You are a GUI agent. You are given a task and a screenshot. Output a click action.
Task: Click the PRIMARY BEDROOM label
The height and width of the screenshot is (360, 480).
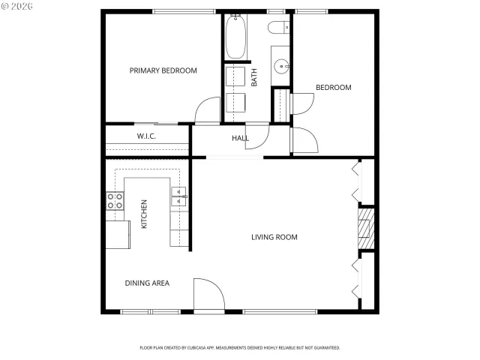pyautogui.click(x=163, y=70)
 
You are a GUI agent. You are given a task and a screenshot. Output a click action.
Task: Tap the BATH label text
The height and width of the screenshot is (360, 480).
pyautogui.click(x=254, y=77)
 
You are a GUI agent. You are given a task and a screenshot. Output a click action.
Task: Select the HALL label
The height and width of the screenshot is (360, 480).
pyautogui.click(x=240, y=138)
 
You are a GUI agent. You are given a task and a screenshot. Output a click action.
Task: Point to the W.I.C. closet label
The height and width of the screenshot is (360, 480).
pyautogui.click(x=145, y=136)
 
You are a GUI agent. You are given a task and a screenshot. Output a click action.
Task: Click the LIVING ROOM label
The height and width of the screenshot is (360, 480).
pyautogui.click(x=274, y=237)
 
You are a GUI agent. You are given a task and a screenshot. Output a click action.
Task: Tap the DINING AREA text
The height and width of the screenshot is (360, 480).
pyautogui.click(x=147, y=283)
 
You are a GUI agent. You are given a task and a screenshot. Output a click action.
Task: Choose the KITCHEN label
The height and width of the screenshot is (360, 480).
pyautogui.click(x=144, y=214)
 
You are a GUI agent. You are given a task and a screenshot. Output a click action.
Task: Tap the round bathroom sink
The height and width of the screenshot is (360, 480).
pyautogui.click(x=282, y=66)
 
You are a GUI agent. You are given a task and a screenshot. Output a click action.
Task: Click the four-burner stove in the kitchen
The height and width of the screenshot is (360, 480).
pyautogui.click(x=115, y=200)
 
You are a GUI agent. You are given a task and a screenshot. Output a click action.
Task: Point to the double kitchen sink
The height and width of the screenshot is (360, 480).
pyautogui.click(x=179, y=197)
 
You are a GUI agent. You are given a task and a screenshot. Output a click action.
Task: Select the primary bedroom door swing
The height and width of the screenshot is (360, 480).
pyautogui.click(x=207, y=111)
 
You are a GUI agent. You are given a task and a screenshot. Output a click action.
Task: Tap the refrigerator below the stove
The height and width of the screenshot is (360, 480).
pyautogui.click(x=116, y=235)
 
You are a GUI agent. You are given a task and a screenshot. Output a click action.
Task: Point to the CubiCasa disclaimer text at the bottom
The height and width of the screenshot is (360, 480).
pyautogui.click(x=240, y=348)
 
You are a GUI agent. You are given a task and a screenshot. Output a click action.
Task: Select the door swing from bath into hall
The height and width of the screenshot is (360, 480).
pyautogui.click(x=257, y=135)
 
